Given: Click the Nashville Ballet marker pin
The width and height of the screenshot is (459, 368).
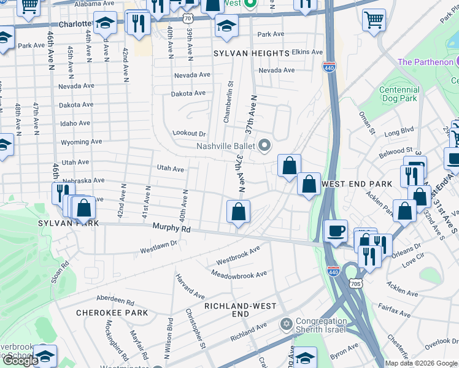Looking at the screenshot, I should [x=264, y=145].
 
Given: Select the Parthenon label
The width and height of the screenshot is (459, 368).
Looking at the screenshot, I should [x=425, y=62].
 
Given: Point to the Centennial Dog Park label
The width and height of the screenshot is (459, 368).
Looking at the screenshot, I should [x=399, y=94].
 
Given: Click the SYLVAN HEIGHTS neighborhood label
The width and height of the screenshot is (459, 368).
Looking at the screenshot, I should [x=251, y=53].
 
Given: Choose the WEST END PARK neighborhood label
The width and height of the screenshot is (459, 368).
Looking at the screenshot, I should [x=357, y=184].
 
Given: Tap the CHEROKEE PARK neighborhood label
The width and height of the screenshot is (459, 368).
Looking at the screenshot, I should [x=112, y=313].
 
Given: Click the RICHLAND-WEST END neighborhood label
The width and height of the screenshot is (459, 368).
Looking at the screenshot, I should [x=235, y=310].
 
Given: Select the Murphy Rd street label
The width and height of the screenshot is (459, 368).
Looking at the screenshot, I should [x=172, y=229].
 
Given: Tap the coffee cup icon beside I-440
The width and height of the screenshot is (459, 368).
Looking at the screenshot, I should [x=336, y=231].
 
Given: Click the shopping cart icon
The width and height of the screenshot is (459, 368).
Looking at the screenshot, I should [x=374, y=20].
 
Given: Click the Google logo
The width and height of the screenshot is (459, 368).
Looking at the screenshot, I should [x=20, y=361].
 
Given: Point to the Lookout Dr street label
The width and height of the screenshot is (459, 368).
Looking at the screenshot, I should [x=189, y=133].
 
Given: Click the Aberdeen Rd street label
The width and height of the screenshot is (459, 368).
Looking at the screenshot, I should [x=115, y=302].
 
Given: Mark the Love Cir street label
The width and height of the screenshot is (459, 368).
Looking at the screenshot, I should [x=413, y=264].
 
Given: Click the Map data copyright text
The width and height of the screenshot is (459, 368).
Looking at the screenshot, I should [x=421, y=363].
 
